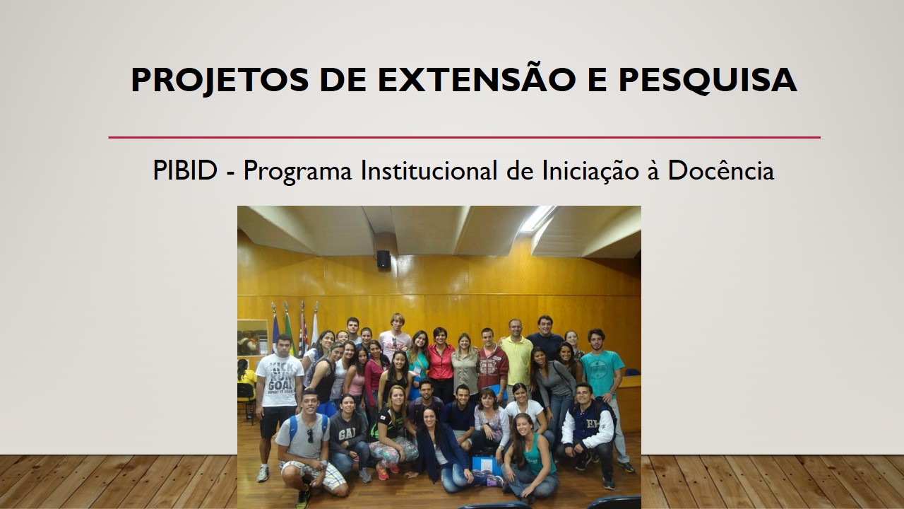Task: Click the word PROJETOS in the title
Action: [x=220, y=81]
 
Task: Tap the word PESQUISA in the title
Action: [x=708, y=81]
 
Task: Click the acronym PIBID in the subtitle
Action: [x=185, y=170]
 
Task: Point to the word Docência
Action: [x=721, y=170]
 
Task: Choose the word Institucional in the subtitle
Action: [x=429, y=170]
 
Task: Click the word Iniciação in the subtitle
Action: [x=590, y=171]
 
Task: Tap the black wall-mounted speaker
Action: [x=383, y=259]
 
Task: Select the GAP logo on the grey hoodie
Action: [x=347, y=435]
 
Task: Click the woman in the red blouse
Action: [x=441, y=363]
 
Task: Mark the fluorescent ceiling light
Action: [x=538, y=218]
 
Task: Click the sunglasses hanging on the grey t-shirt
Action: [x=310, y=435]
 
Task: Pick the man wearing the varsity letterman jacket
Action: [x=588, y=432]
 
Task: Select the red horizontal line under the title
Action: [x=465, y=137]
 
